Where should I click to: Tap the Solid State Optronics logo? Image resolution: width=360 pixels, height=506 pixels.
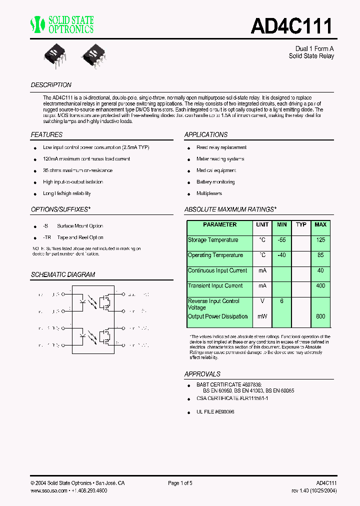click(x=62, y=24)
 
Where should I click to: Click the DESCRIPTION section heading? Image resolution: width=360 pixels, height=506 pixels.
click(x=51, y=85)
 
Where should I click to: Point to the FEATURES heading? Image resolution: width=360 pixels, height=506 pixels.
click(x=46, y=134)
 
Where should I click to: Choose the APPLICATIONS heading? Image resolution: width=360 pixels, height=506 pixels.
click(x=205, y=134)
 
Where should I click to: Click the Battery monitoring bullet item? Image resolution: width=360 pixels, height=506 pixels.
click(x=215, y=182)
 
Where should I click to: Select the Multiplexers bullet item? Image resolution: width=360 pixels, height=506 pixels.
click(x=209, y=193)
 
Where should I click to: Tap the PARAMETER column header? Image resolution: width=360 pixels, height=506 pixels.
click(x=219, y=225)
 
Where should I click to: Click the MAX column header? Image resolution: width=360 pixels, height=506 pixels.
click(x=320, y=225)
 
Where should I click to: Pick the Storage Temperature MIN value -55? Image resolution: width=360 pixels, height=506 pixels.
click(x=282, y=240)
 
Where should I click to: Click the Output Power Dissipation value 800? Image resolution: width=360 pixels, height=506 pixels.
click(x=320, y=316)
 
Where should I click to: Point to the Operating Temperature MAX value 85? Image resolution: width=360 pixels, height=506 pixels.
click(x=320, y=255)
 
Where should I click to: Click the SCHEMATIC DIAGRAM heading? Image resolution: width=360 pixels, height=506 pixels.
click(x=62, y=274)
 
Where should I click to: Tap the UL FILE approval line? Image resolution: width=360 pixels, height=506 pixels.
click(x=215, y=411)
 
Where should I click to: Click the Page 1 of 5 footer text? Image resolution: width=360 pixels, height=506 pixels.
click(x=180, y=483)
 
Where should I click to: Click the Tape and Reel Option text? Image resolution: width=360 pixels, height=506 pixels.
click(x=80, y=237)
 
